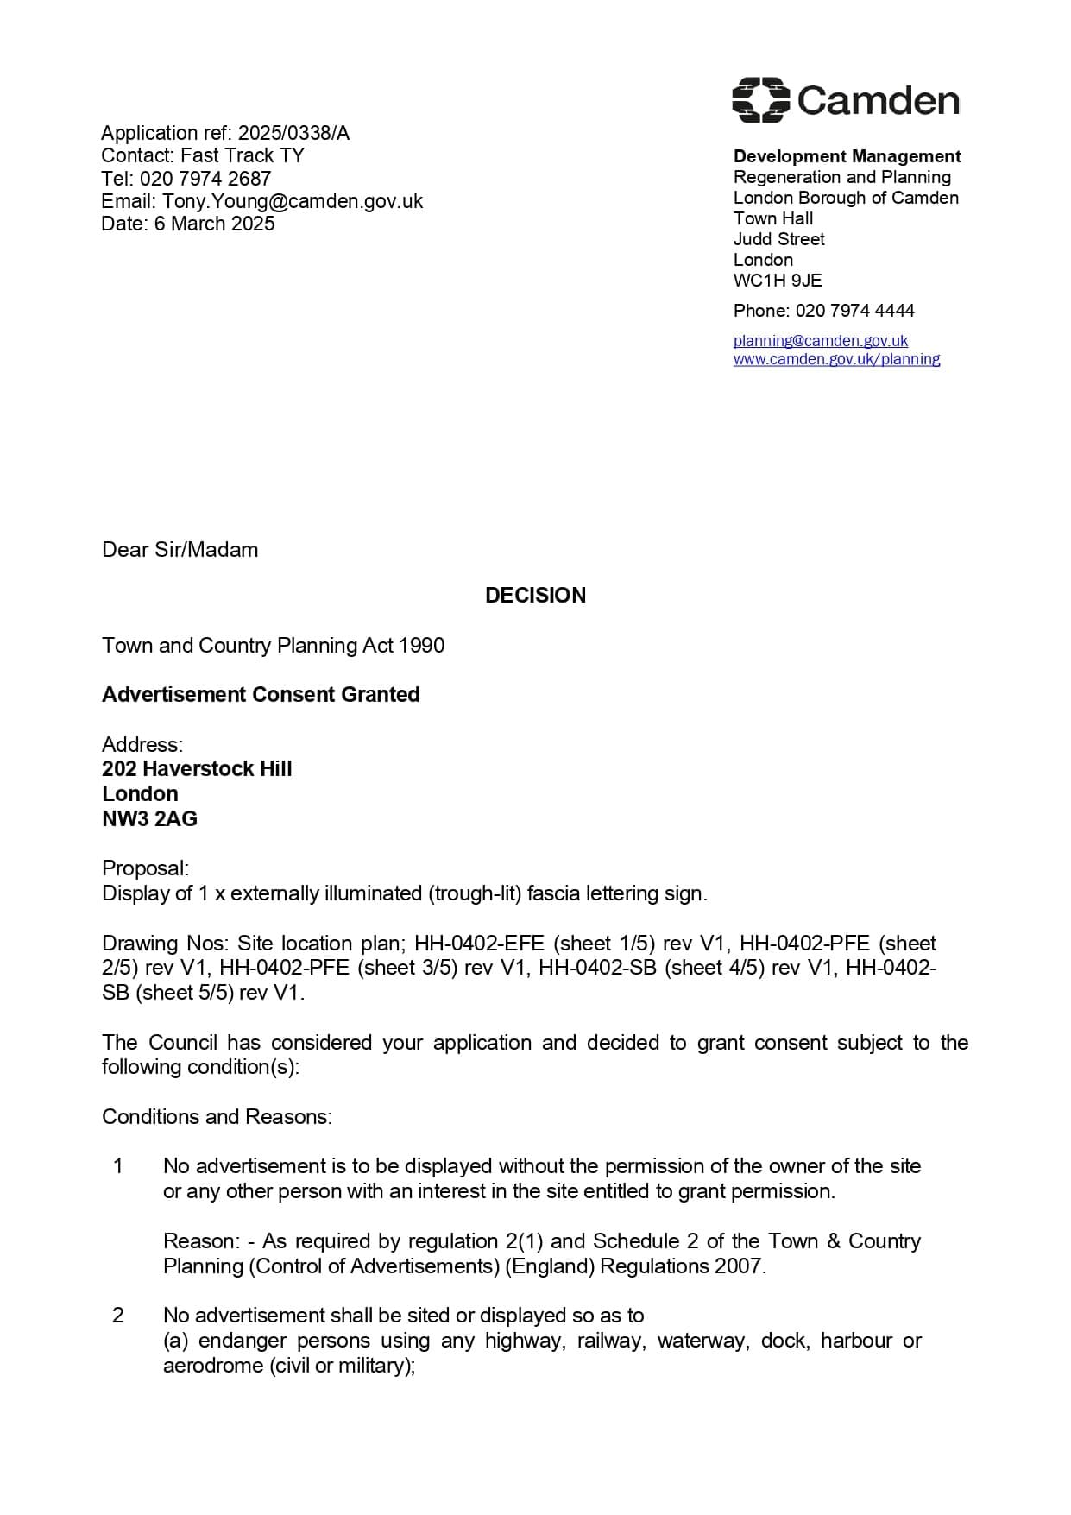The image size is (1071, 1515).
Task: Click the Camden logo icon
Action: coord(760,100)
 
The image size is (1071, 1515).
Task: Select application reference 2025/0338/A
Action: coord(293,133)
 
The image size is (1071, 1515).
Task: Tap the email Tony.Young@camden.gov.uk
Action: coord(293,201)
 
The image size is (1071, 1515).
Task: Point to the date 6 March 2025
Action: coord(214,224)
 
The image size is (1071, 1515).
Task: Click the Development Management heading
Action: coord(847,156)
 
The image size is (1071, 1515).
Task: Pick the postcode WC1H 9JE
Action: coord(778,281)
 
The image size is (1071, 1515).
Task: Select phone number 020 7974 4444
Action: coord(854,311)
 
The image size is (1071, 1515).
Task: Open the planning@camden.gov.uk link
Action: coord(820,341)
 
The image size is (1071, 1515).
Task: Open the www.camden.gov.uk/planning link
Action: coord(836,359)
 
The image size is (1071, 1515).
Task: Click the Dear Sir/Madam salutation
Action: coord(180,550)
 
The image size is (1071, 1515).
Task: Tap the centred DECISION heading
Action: coord(535,595)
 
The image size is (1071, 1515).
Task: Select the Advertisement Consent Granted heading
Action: coord(261,695)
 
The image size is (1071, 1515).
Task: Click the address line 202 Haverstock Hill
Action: coord(197,769)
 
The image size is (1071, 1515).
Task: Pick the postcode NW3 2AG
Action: coord(149,819)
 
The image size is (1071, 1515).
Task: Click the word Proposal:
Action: coord(145,868)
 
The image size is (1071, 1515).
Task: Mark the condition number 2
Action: coord(118,1316)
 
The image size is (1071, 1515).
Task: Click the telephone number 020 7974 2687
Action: coord(205,179)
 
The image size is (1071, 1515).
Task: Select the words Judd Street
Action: coord(778,239)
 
